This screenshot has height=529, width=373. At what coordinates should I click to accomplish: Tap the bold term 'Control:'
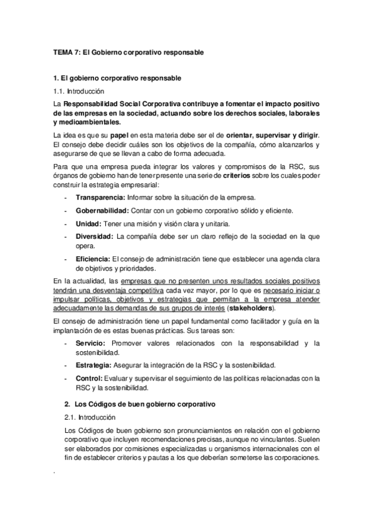tap(89, 378)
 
